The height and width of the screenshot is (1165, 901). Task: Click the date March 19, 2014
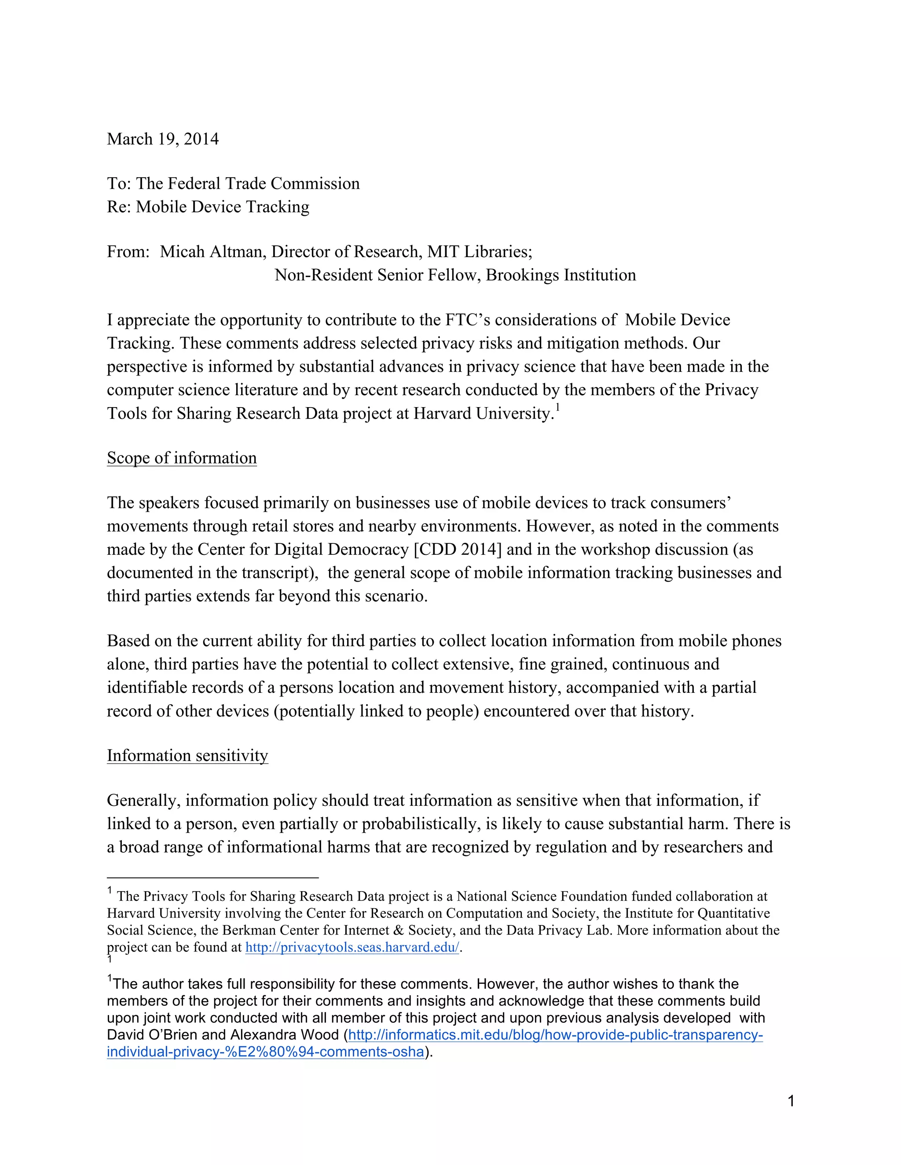tap(163, 139)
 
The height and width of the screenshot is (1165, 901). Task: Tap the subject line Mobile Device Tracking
tap(223, 207)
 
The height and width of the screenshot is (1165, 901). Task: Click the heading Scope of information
tap(182, 458)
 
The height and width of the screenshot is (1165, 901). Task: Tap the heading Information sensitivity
tap(187, 756)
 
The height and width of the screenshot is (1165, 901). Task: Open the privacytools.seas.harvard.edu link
tap(352, 947)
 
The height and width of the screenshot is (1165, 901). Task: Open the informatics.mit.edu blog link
tap(555, 1035)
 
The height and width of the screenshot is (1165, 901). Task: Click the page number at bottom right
tap(791, 1101)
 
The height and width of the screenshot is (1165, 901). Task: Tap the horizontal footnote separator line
tap(212, 877)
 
